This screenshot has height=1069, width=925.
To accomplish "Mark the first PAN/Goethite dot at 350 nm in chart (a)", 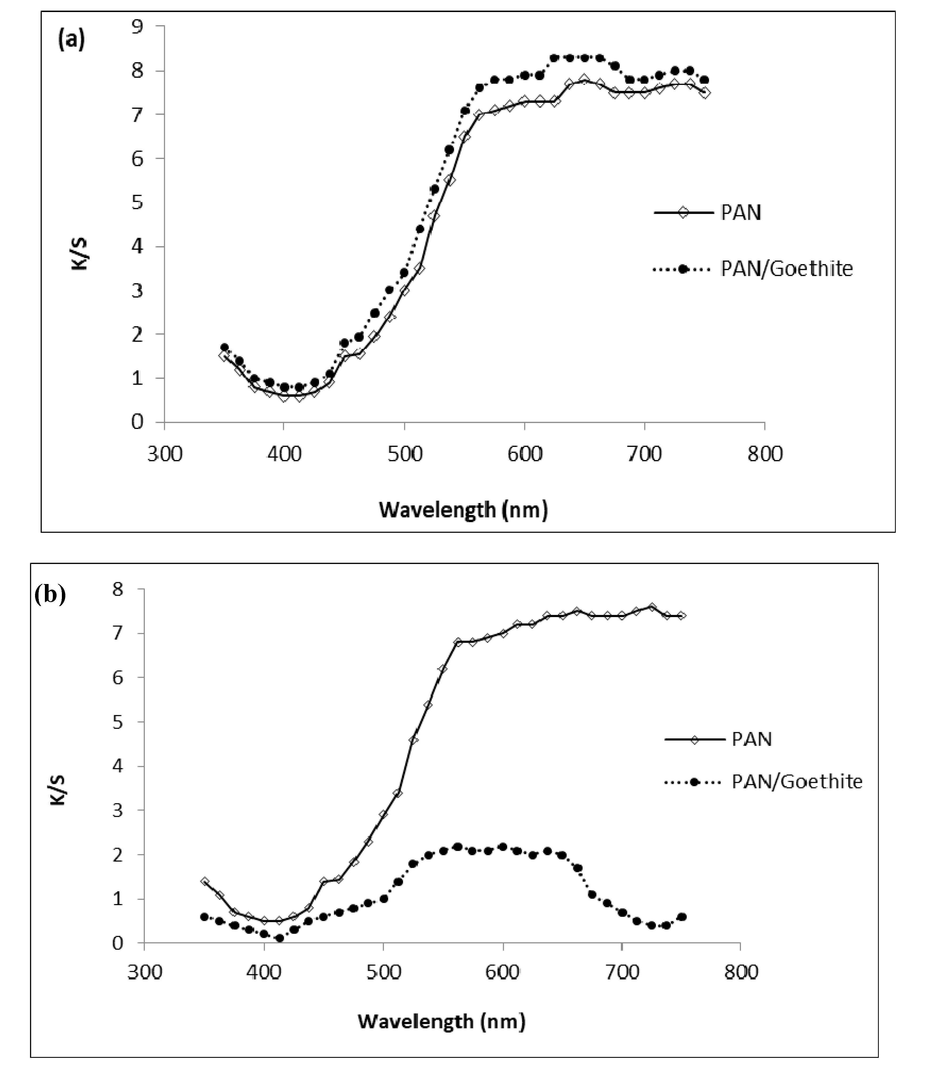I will (224, 347).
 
